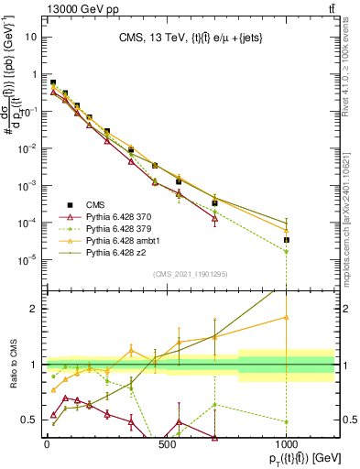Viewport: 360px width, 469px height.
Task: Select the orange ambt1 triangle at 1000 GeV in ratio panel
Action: point(287,317)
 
